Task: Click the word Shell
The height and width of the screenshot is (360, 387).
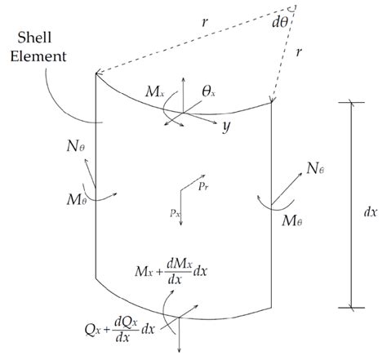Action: point(34,38)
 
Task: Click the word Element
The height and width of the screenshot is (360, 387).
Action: point(38,56)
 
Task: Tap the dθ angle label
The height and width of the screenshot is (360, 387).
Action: point(280,23)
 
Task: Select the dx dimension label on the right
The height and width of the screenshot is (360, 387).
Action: point(371,212)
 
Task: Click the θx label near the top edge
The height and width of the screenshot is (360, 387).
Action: point(208,92)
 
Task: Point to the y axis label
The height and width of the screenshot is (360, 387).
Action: point(226,127)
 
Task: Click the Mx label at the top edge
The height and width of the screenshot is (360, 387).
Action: point(154,92)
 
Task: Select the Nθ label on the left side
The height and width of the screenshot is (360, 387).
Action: point(76,146)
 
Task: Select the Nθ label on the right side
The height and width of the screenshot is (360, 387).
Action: point(315,168)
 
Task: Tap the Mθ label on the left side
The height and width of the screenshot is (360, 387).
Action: point(77,200)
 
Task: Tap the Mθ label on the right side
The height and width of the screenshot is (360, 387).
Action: point(292,220)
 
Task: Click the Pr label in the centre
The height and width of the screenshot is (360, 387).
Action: point(203,187)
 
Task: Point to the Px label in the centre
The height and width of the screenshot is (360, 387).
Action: point(176,213)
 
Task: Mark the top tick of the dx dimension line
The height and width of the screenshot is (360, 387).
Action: point(351,103)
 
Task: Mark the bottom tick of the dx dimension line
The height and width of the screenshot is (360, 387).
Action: point(351,308)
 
